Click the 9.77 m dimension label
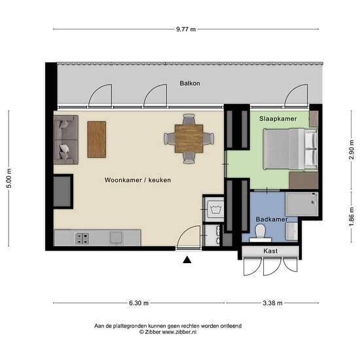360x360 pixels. pos(186,29)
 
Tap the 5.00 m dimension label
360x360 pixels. pos(9,178)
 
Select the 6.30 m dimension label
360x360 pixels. pos(139,303)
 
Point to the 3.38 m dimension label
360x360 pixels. pos(272,303)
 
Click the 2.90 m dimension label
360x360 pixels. pos(351,150)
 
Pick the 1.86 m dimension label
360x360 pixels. pos(351,217)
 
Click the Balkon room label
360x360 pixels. pos(190,83)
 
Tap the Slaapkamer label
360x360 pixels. pos(278,118)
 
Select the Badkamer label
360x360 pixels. pos(272,219)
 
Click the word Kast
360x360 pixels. pos(270,251)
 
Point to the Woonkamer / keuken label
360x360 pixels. pos(137,180)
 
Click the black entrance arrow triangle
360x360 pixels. pos(187,260)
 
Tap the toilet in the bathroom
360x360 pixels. pos(261,233)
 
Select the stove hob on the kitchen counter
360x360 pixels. pos(82,238)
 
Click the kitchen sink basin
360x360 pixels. pos(117,238)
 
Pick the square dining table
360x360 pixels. pos(189,139)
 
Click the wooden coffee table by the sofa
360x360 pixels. pos(97,139)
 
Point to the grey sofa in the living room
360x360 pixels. pos(66,139)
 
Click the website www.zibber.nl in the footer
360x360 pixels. pos(179,332)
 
